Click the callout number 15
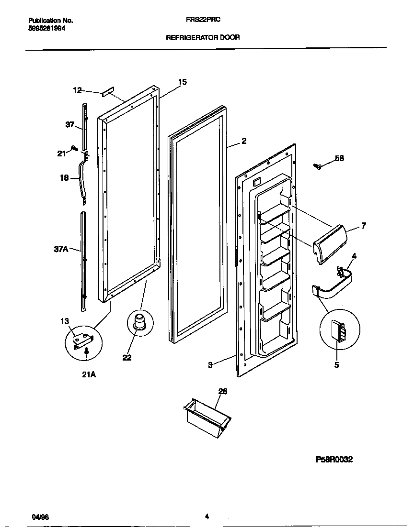[x=182, y=82]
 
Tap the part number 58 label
[x=339, y=158]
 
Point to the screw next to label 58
[x=317, y=166]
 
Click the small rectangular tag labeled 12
[x=107, y=92]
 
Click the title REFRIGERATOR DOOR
[x=203, y=37]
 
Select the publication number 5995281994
[x=47, y=28]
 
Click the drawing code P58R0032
[x=334, y=460]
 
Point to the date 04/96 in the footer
[x=40, y=517]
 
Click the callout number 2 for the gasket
[x=244, y=141]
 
